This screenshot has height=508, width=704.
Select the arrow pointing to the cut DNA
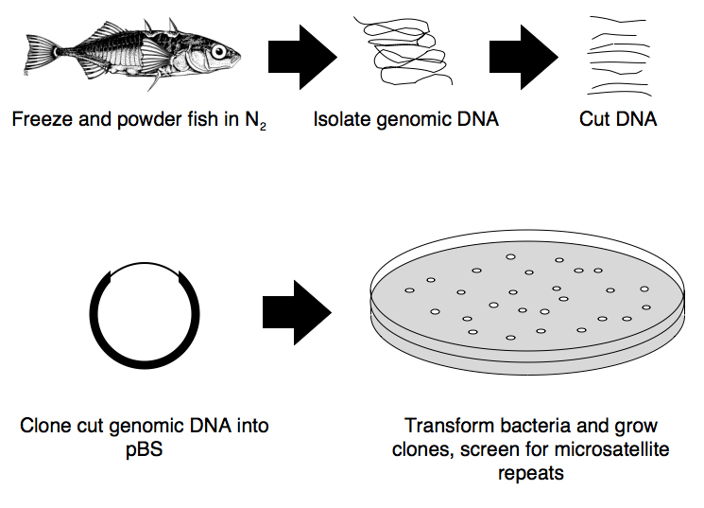[523, 56]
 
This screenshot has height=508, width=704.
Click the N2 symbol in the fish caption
[255, 122]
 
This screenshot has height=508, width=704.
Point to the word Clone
[43, 427]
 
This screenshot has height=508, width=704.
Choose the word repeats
[531, 472]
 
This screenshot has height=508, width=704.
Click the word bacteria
[524, 427]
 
